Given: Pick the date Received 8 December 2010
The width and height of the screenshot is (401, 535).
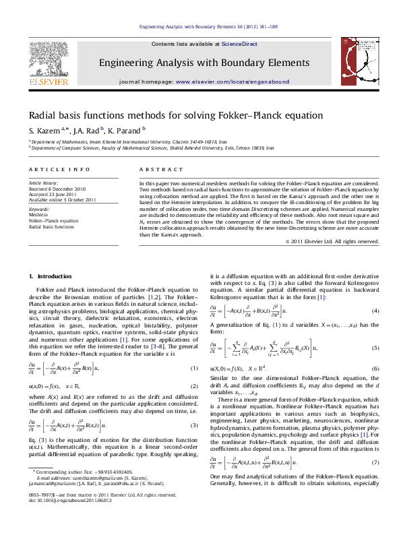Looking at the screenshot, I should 57,189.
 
